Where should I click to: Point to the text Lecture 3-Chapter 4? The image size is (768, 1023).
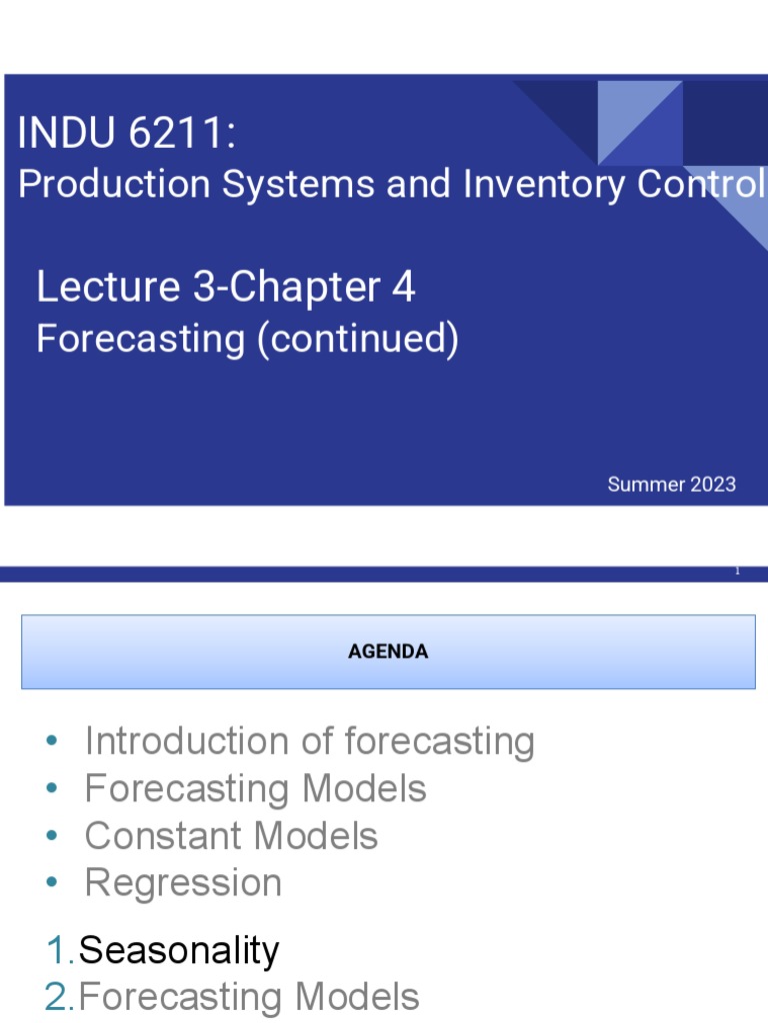[x=226, y=288]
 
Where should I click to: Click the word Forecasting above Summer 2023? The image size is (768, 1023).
[x=140, y=340]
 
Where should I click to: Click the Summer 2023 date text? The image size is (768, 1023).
[x=671, y=485]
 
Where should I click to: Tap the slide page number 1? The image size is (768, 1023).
[x=737, y=570]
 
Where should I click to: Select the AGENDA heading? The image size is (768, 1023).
[x=388, y=651]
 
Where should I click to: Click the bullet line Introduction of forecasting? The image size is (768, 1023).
[x=309, y=741]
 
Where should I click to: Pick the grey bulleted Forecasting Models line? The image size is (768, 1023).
[x=255, y=789]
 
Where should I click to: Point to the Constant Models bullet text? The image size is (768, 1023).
[x=231, y=836]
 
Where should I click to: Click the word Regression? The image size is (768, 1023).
[x=183, y=883]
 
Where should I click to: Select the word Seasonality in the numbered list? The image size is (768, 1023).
[x=179, y=950]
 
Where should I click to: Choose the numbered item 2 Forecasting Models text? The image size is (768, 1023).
[x=249, y=997]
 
